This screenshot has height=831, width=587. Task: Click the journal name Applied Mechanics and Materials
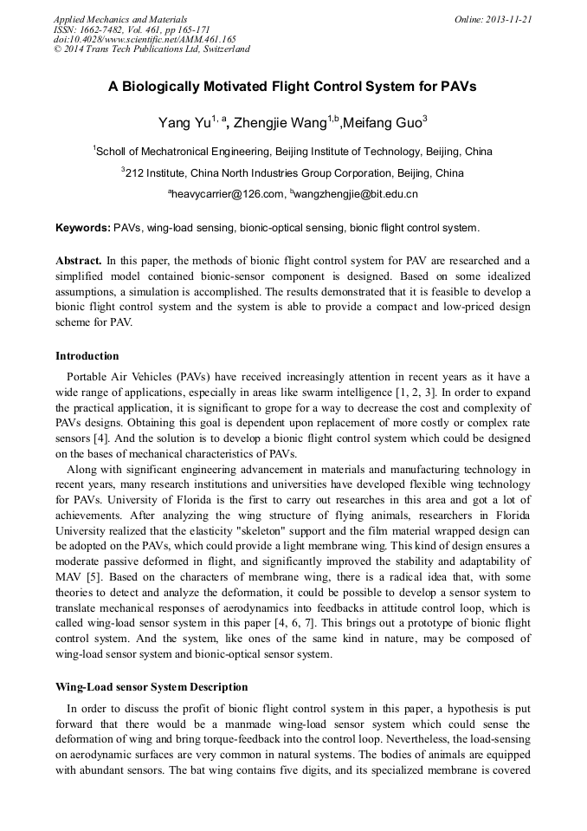click(x=120, y=18)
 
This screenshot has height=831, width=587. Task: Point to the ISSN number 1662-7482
click(x=105, y=29)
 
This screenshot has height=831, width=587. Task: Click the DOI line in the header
click(x=145, y=39)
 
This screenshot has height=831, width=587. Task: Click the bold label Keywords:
click(x=82, y=228)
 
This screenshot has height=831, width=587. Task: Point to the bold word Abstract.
click(x=78, y=260)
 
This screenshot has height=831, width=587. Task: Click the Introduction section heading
click(x=87, y=356)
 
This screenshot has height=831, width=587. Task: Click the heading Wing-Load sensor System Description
click(x=152, y=687)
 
